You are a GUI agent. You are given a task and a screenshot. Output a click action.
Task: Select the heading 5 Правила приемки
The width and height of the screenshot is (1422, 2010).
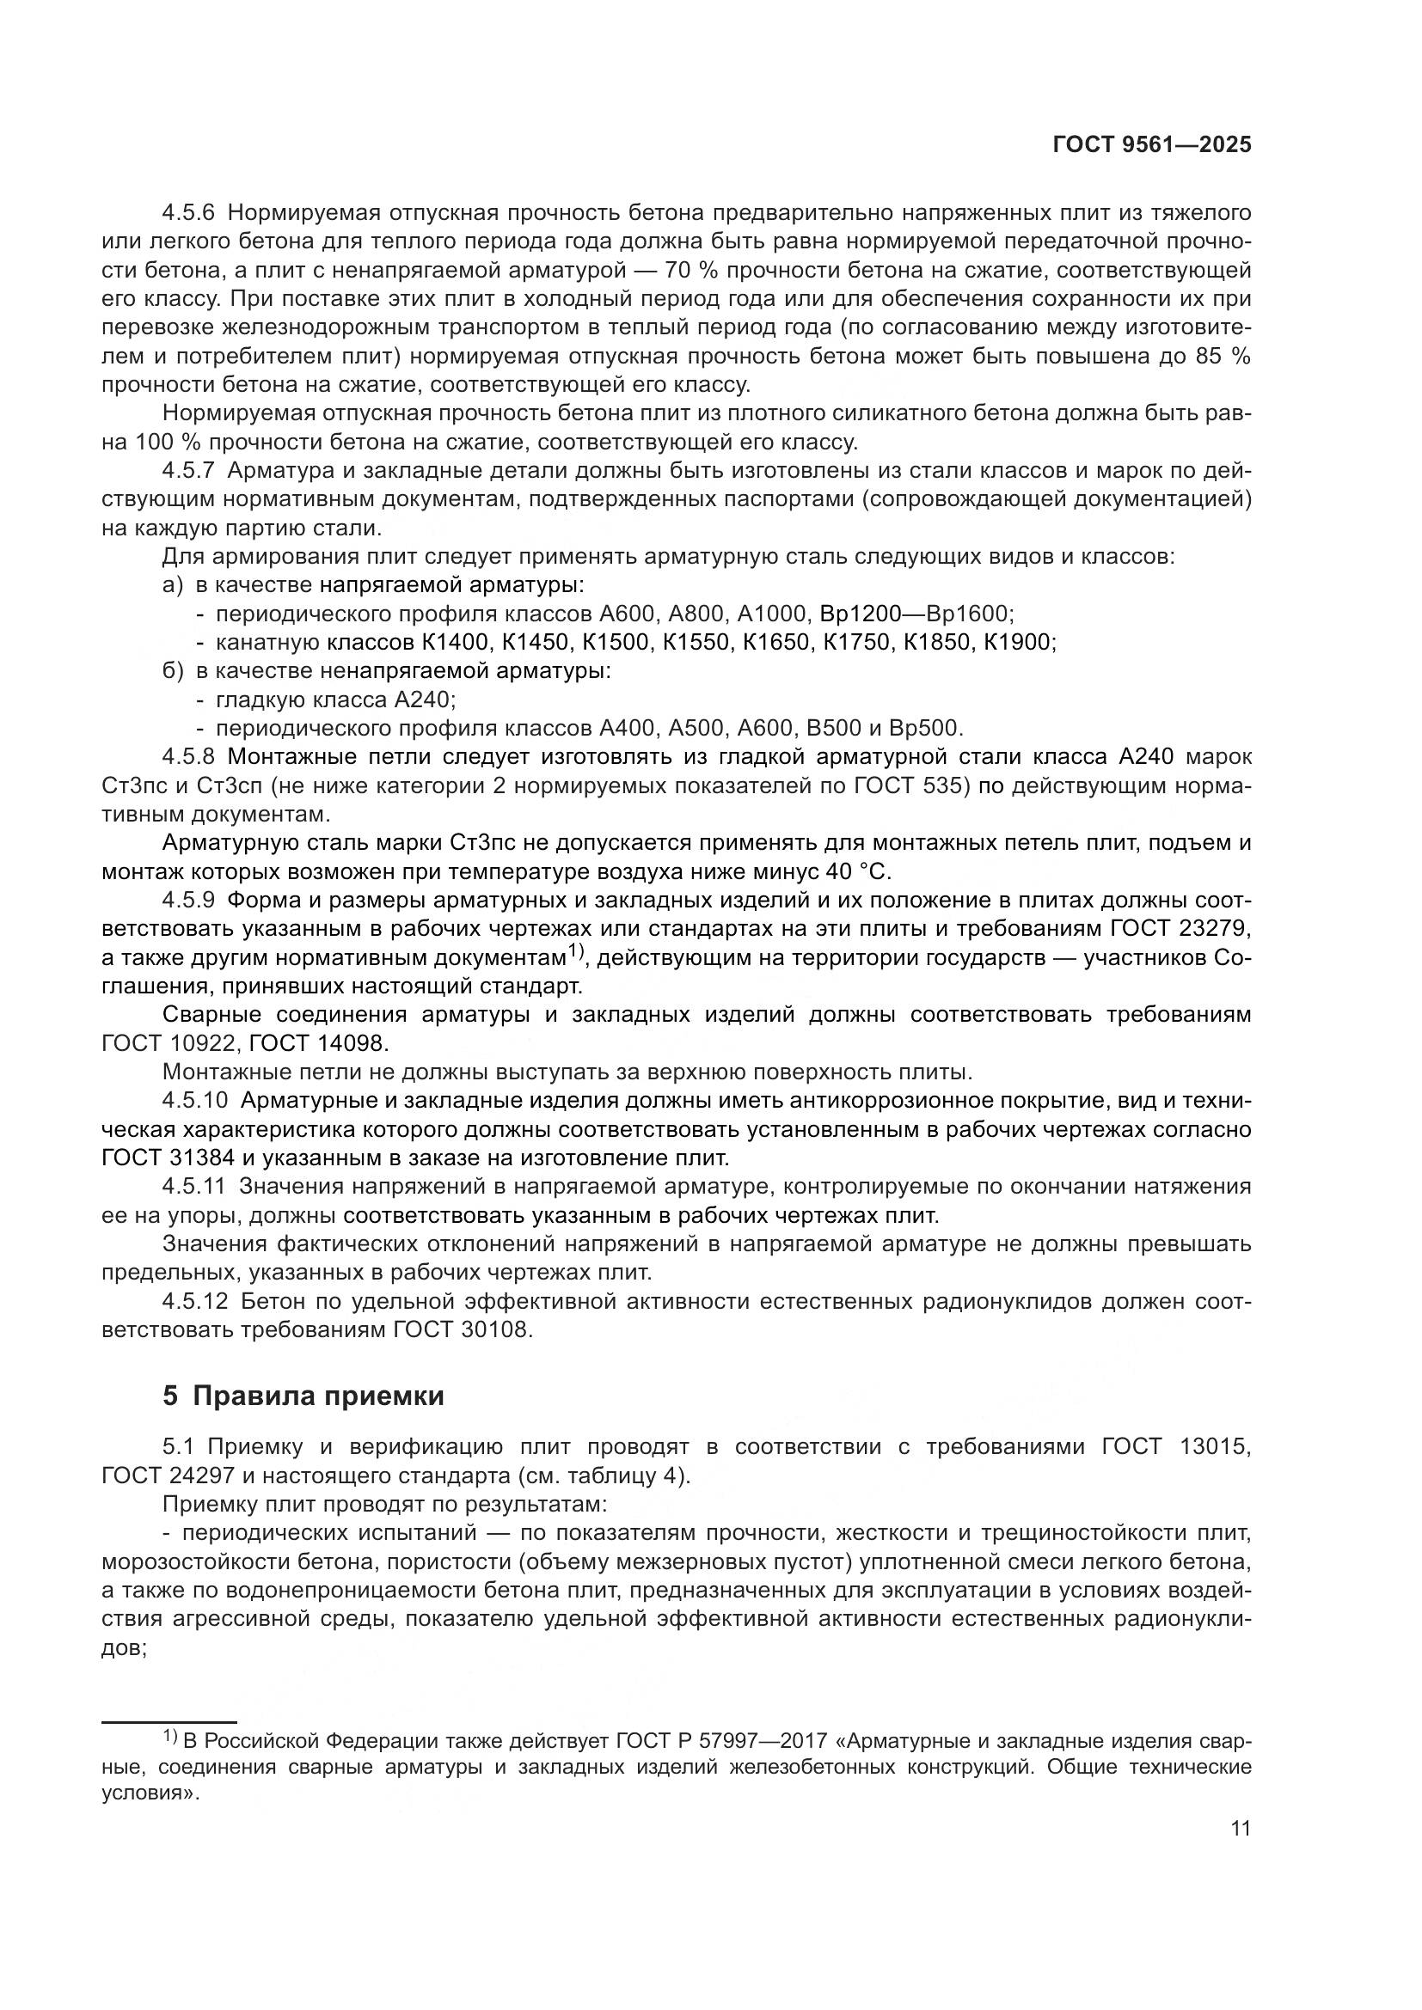tap(303, 1396)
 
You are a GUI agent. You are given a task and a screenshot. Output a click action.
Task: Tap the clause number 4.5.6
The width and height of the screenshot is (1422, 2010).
tap(188, 213)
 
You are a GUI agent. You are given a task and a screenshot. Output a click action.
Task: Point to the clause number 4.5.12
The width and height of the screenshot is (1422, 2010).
tap(194, 1301)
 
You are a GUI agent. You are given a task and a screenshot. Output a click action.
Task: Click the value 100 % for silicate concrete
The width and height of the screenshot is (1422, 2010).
tap(169, 442)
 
